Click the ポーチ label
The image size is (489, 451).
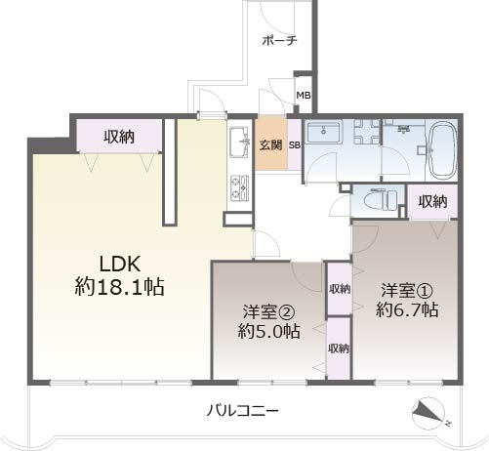[x=279, y=40]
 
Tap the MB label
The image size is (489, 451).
[x=304, y=96]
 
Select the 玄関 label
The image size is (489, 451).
[x=270, y=145]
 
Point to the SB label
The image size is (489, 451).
[x=294, y=145]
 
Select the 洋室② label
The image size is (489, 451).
[x=265, y=312]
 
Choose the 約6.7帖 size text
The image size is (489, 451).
[x=407, y=310]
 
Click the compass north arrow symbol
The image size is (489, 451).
[x=430, y=415]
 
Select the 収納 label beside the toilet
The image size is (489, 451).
[x=432, y=201]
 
